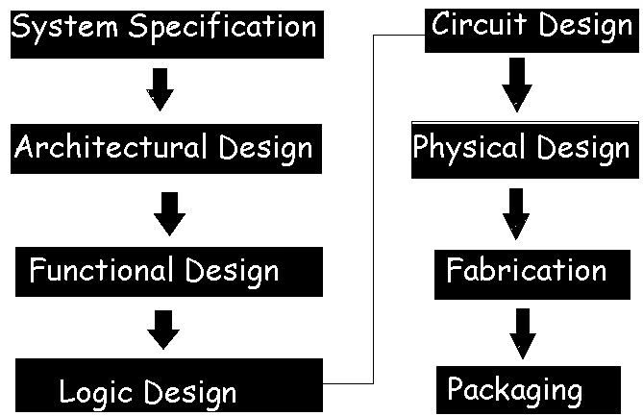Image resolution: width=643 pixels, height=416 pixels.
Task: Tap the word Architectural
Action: pos(111,148)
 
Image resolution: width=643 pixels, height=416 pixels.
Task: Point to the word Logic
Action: pos(97,392)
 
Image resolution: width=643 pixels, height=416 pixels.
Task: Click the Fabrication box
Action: pos(526,270)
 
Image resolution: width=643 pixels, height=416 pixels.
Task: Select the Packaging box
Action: pos(514,389)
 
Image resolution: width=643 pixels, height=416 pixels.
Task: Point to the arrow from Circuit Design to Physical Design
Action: pos(516,84)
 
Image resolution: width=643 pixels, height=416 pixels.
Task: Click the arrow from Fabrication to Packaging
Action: pos(523,331)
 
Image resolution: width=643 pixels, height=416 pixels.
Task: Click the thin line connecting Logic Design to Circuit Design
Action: pos(371,211)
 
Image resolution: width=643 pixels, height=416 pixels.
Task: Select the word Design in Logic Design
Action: pos(190,392)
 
